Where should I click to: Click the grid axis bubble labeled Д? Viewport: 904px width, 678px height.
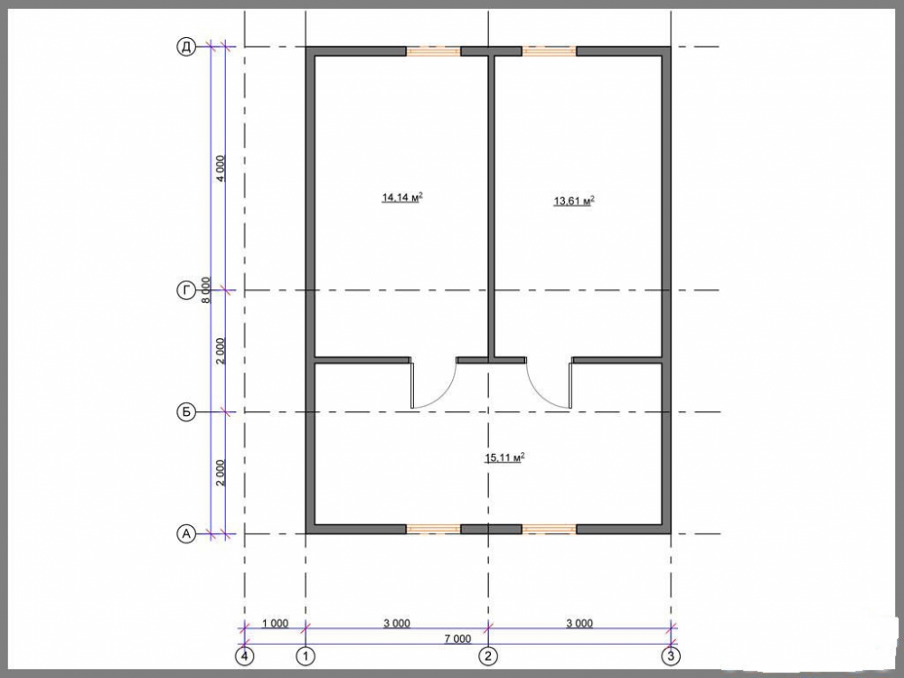[186, 47]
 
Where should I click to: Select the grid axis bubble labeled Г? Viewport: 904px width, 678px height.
[186, 291]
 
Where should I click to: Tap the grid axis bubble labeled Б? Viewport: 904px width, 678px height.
[186, 412]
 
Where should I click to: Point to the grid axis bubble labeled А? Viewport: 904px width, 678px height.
[186, 534]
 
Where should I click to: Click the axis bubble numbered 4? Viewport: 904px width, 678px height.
[245, 656]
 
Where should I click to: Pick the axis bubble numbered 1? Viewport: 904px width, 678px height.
[306, 656]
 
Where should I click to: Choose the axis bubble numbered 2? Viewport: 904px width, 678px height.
[488, 656]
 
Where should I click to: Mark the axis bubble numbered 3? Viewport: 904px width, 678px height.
[671, 656]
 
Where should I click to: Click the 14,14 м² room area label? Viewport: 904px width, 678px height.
[402, 198]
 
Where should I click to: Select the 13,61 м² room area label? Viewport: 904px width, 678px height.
[574, 202]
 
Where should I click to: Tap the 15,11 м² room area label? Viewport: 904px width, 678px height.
[504, 458]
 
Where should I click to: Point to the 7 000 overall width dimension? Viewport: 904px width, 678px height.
[457, 638]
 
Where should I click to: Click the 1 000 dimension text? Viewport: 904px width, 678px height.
[275, 623]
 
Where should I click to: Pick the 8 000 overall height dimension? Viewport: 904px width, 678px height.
[206, 290]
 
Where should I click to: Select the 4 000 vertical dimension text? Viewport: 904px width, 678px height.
[221, 168]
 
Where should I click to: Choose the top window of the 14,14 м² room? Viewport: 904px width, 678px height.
[434, 52]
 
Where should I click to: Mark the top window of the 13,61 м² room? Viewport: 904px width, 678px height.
[549, 52]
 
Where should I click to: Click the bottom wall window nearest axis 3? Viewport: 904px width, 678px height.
[549, 529]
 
